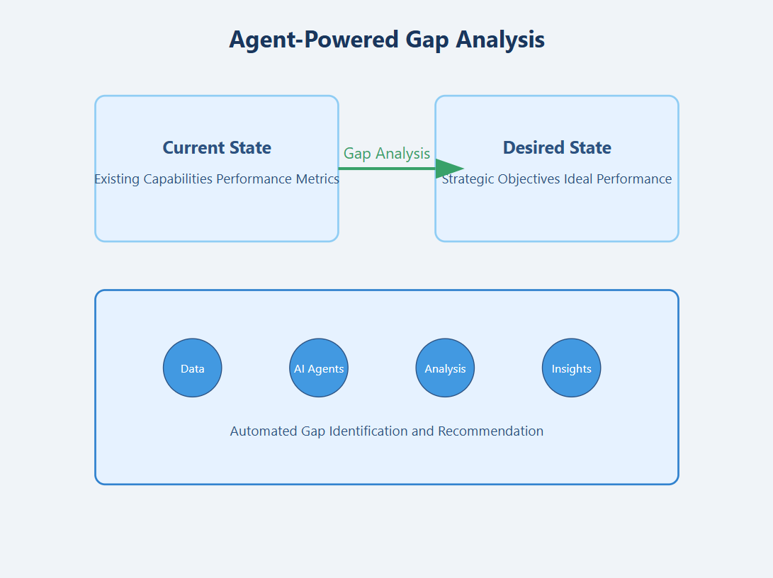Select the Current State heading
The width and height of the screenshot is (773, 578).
pos(217,147)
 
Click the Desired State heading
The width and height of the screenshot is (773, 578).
pos(557,147)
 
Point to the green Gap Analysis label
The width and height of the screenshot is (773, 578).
pos(387,153)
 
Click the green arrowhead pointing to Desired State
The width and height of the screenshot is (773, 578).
pos(448,169)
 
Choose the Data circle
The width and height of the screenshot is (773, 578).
pos(193,368)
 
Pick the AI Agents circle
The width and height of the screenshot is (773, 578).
pos(319,368)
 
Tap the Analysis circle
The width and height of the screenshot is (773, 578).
pos(445,368)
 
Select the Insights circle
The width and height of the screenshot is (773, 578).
pos(572,368)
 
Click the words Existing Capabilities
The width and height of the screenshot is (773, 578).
pos(153,179)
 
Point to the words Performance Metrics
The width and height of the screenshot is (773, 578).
pos(278,179)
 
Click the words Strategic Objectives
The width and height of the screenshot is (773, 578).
pos(502,179)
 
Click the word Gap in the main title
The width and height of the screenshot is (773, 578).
pos(428,40)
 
